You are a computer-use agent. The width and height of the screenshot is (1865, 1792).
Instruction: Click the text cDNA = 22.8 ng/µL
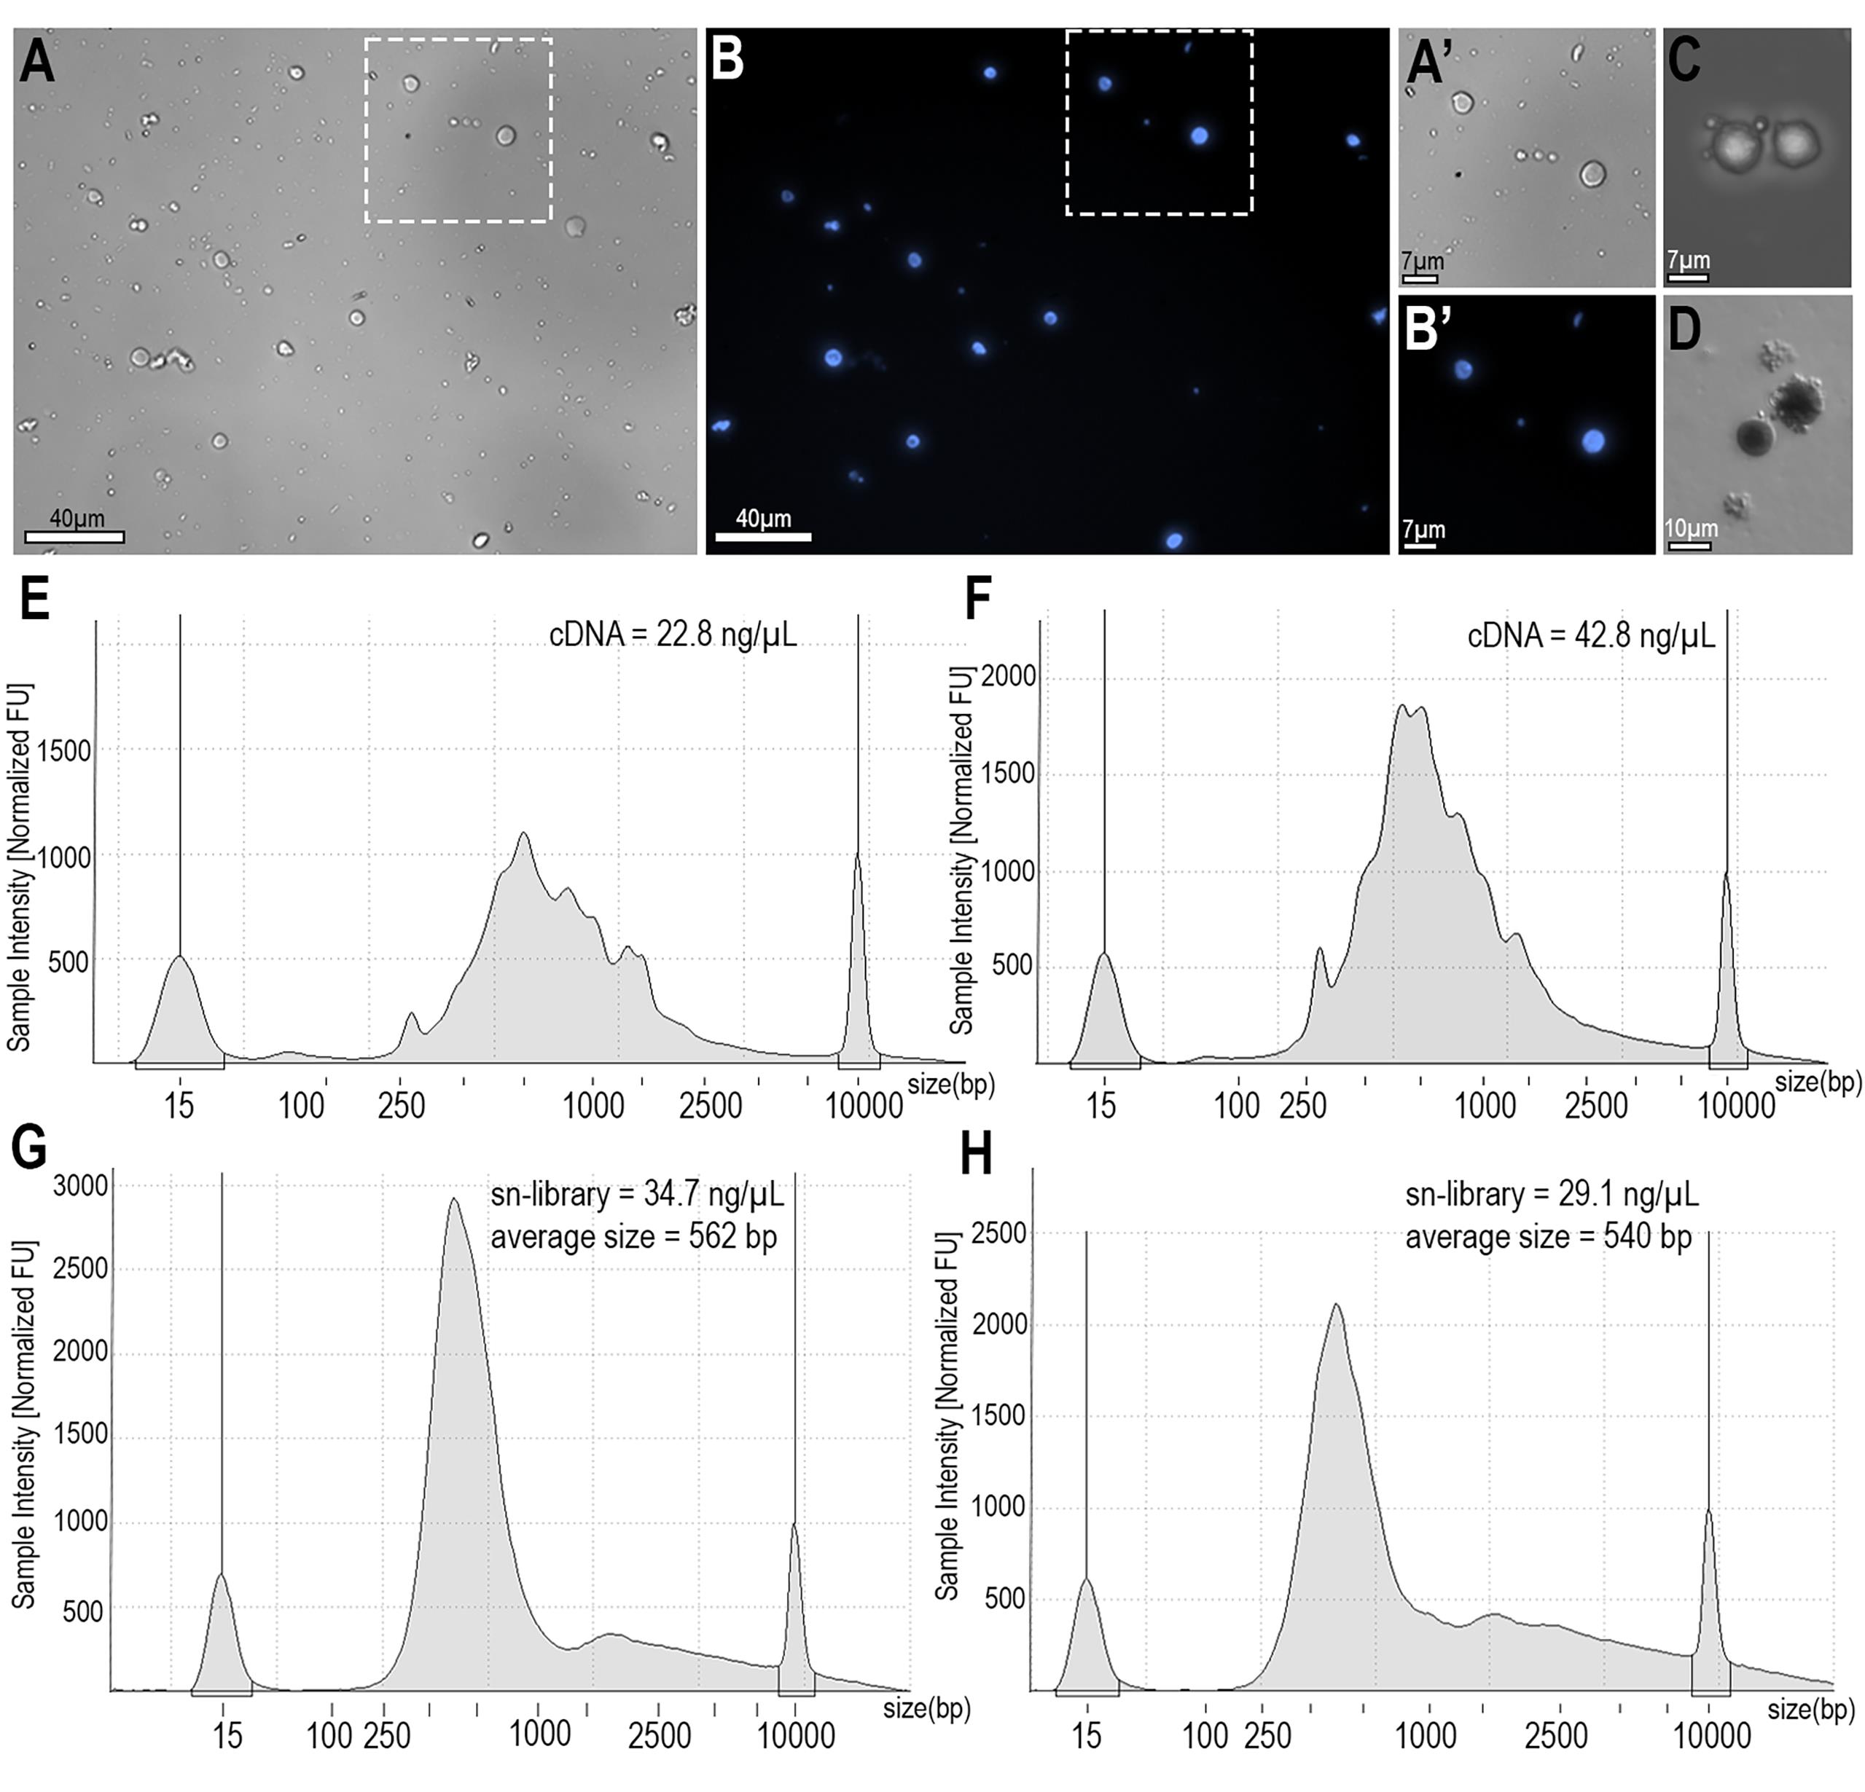pyautogui.click(x=673, y=634)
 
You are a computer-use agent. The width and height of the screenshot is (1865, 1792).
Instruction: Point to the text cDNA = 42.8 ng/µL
pyautogui.click(x=1591, y=634)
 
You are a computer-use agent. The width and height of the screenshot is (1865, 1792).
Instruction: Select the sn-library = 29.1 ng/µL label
pyautogui.click(x=1551, y=1194)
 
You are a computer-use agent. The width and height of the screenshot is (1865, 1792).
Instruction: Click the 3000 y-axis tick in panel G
pyautogui.click(x=80, y=1185)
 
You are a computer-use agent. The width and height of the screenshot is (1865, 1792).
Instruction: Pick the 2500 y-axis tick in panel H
pyautogui.click(x=999, y=1234)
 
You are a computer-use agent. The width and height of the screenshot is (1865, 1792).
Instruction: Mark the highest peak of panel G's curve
pyautogui.click(x=454, y=1200)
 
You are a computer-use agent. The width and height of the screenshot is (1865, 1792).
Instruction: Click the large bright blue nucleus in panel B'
pyautogui.click(x=1593, y=441)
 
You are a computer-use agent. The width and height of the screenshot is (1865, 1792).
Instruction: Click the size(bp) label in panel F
pyautogui.click(x=1818, y=1082)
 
